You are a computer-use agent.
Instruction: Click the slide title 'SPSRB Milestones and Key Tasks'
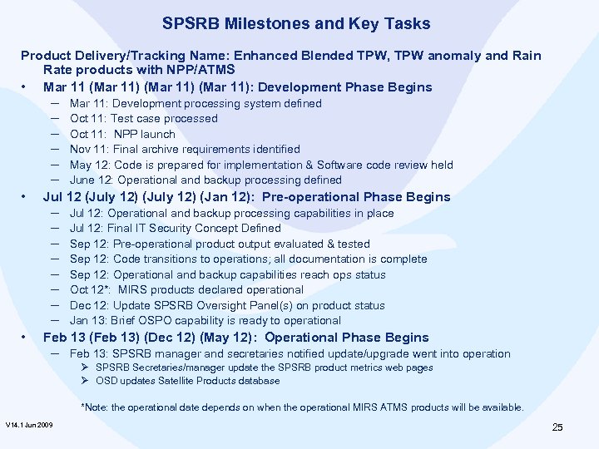click(296, 24)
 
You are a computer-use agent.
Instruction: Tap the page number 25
click(557, 427)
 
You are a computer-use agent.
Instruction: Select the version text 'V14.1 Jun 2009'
click(29, 426)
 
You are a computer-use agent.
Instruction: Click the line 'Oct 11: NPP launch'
click(122, 134)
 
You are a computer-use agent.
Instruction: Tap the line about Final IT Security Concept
click(176, 228)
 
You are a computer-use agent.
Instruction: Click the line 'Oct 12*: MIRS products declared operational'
click(186, 289)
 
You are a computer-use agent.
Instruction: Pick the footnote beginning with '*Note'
click(302, 407)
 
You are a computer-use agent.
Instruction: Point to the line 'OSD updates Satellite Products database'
click(188, 381)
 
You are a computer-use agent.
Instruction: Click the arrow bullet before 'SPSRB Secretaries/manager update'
click(85, 368)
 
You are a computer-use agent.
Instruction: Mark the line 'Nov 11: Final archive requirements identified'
click(185, 150)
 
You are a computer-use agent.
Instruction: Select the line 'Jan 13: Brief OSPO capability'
click(205, 320)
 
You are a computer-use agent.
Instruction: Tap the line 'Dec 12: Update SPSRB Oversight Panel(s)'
click(227, 305)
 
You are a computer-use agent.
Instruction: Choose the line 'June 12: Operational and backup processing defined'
click(205, 180)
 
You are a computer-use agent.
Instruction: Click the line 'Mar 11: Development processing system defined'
click(196, 104)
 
